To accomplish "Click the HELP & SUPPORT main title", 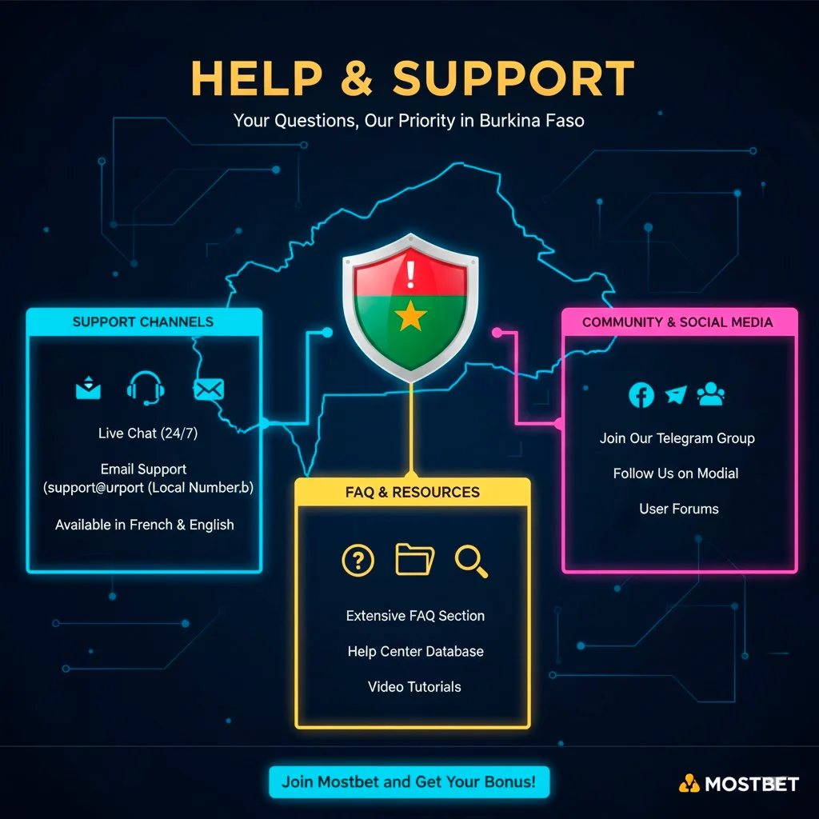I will click(412, 78).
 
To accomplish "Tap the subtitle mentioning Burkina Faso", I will click(409, 122).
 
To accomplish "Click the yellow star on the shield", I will click(410, 317).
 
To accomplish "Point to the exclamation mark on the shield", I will click(410, 273).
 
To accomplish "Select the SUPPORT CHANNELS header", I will click(143, 322).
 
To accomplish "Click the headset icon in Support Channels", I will click(146, 388).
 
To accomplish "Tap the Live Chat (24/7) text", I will click(143, 433).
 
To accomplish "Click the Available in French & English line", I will click(145, 525).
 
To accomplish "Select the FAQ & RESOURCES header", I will click(413, 492).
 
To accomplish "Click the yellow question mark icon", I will click(358, 560).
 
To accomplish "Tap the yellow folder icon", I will click(414, 559).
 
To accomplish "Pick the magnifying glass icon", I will click(471, 561).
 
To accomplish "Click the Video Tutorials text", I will click(414, 686).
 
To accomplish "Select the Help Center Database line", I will click(415, 651).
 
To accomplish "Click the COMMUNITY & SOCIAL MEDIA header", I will click(677, 322).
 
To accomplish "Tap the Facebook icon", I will click(641, 394).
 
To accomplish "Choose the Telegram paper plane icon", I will click(676, 394).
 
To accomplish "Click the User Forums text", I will click(679, 509).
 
